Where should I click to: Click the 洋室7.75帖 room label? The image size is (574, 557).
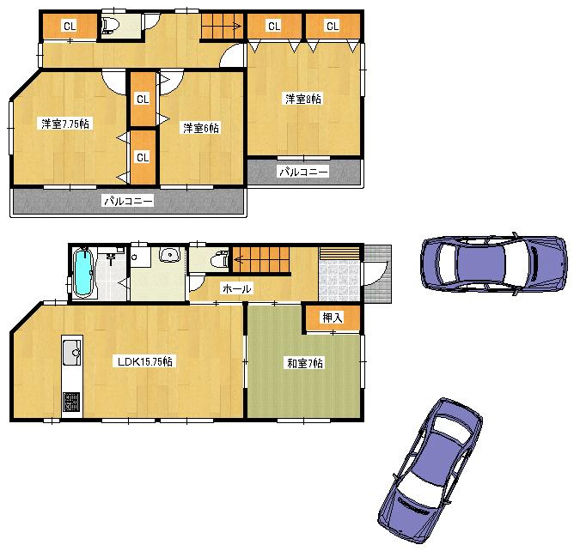click(65, 124)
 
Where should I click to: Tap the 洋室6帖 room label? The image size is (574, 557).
click(199, 128)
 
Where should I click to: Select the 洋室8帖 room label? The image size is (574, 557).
click(303, 99)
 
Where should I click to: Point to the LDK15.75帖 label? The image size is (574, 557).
click(146, 361)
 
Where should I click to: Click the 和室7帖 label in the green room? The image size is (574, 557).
click(304, 363)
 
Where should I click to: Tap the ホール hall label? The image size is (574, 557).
click(236, 289)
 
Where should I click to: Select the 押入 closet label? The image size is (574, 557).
click(332, 318)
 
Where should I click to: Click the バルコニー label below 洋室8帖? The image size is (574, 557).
click(302, 172)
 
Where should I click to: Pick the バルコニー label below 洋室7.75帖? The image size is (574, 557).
click(128, 202)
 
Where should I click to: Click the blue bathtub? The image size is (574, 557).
click(83, 273)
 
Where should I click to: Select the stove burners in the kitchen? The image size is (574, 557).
click(70, 403)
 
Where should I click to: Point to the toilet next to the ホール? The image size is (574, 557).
click(218, 258)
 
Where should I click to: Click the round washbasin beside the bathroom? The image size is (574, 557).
click(169, 255)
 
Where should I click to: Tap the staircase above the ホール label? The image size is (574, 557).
click(261, 258)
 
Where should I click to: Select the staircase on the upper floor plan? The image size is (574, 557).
click(222, 27)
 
